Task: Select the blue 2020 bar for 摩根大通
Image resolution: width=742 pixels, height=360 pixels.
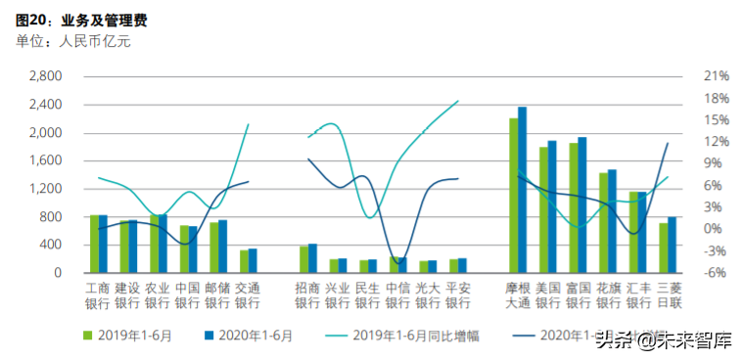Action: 523,190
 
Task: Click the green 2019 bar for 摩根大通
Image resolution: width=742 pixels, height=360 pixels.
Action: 513,196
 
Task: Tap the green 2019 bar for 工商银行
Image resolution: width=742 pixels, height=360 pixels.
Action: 94,244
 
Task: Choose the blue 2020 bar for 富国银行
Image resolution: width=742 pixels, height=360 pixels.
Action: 582,204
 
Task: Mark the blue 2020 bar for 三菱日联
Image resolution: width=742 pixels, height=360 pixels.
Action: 672,245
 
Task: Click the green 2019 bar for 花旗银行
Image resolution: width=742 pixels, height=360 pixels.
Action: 603,223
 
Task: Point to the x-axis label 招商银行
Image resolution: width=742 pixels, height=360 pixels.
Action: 307,295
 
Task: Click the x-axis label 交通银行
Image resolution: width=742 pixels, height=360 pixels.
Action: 247,295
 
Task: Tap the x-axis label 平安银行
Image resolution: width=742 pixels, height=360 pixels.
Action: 457,295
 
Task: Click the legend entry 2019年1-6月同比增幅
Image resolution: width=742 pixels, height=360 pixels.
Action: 414,336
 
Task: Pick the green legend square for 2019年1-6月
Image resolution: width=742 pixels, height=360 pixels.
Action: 88,336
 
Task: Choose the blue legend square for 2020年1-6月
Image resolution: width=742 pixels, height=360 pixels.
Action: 209,336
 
